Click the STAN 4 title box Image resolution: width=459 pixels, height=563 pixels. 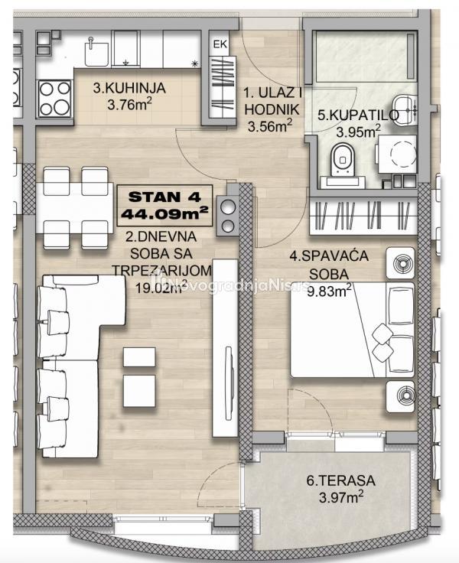point(164,205)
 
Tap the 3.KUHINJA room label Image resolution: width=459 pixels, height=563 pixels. point(129,88)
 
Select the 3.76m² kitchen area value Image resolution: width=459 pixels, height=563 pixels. point(129,104)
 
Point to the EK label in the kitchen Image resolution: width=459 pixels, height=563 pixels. point(220,44)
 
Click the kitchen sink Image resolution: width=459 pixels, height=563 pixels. point(96,53)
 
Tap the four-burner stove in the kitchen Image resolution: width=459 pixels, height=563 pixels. point(54,98)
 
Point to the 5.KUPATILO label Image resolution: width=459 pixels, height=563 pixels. point(359,116)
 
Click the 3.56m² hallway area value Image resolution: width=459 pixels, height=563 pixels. point(270,125)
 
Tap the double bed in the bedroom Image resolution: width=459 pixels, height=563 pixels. point(352,330)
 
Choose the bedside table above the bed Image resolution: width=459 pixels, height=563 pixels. point(400,263)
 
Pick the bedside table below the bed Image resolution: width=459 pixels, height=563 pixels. point(400,396)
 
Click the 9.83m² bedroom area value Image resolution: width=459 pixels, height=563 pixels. point(329,291)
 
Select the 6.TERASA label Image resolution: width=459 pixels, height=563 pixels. point(341,480)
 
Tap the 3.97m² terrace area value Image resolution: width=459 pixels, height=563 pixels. point(341,497)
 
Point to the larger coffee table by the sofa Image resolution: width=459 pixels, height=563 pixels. point(139,391)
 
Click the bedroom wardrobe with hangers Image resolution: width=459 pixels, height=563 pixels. point(363,216)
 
